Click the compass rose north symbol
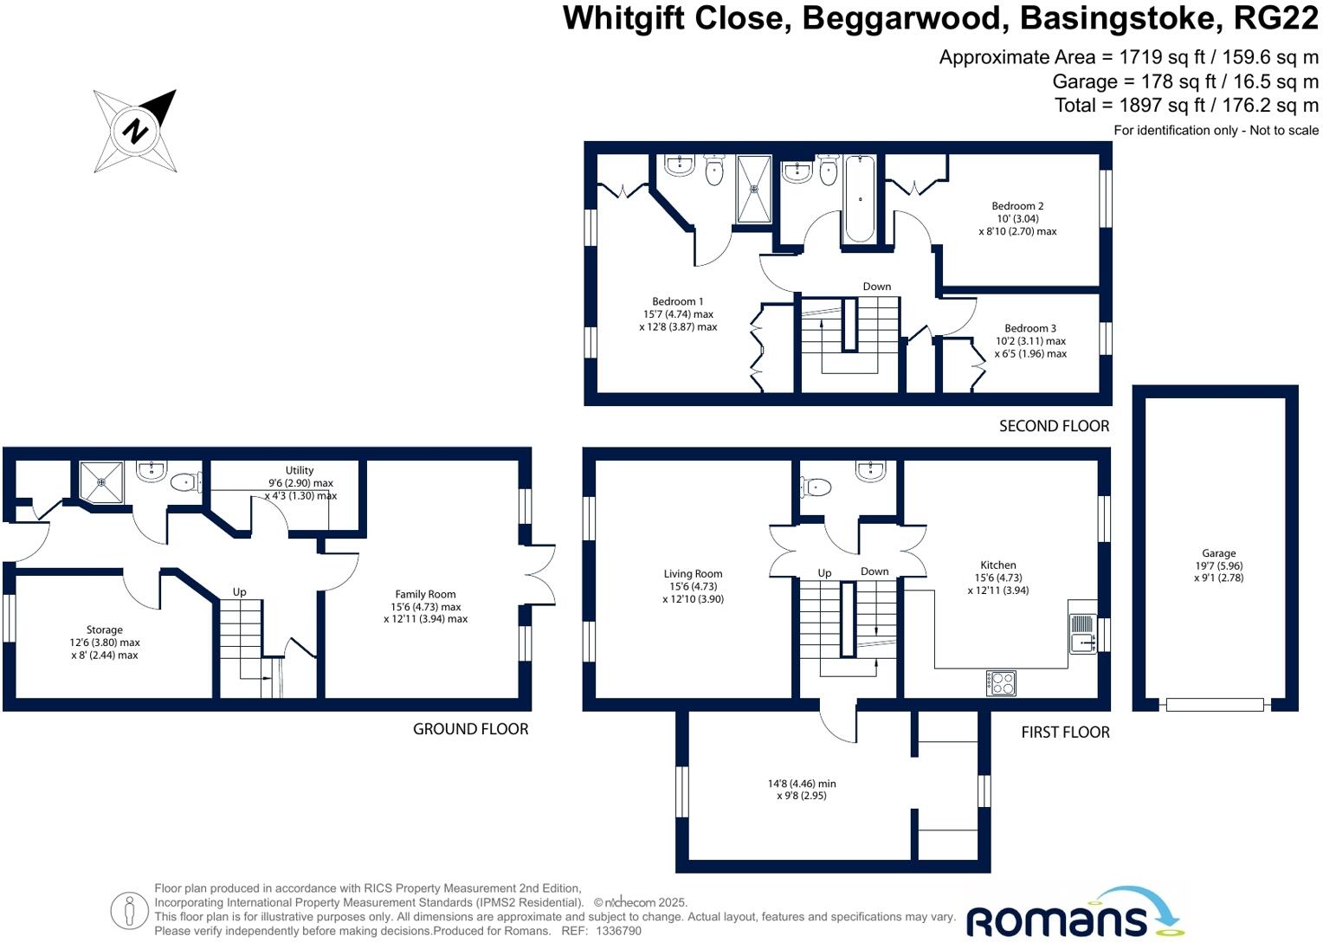click(135, 132)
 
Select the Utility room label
click(300, 471)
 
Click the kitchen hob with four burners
click(1001, 683)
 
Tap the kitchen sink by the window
click(1082, 633)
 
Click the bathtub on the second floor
click(859, 199)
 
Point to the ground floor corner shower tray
click(101, 481)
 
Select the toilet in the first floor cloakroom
click(816, 487)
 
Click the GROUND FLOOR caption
click(470, 729)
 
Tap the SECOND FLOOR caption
click(1054, 426)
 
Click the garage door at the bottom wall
click(1214, 705)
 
